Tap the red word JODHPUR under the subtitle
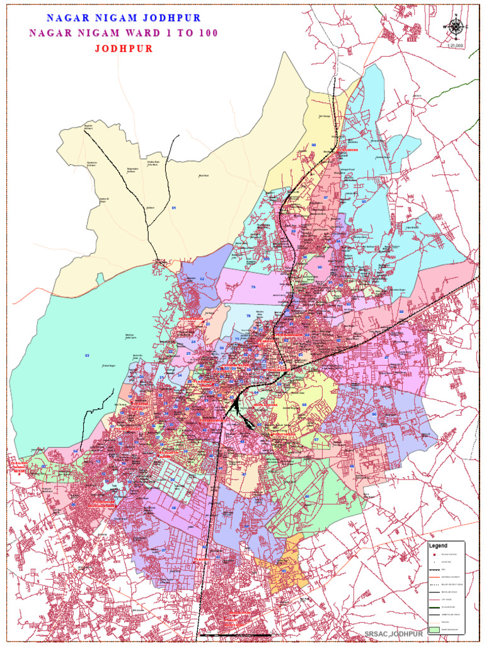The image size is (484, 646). point(124,49)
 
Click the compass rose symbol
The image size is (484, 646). point(455,26)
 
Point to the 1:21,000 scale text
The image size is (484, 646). point(455,45)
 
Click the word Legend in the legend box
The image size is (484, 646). point(438,545)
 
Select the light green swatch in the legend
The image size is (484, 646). point(434,629)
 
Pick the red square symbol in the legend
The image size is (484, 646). point(434,554)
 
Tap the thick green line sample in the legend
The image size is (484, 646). point(434,608)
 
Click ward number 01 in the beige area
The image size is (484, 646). point(174,208)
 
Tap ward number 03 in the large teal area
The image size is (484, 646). point(87,356)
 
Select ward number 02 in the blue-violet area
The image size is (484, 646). point(202,278)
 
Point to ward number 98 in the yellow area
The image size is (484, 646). point(313,145)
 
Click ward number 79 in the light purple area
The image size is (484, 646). point(253,287)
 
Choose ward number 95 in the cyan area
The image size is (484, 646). point(364,201)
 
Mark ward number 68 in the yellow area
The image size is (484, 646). point(304,404)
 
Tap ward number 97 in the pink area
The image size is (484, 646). point(326,197)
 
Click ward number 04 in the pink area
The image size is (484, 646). point(76,451)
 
